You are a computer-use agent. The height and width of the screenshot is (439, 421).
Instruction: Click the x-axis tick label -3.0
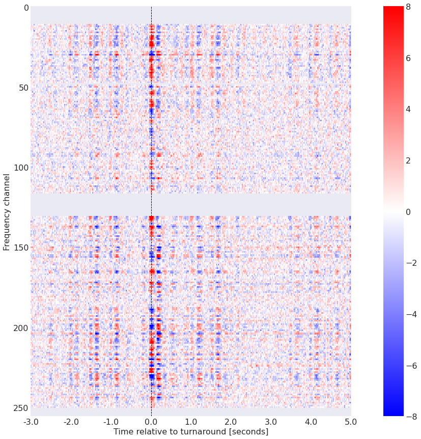[31, 422]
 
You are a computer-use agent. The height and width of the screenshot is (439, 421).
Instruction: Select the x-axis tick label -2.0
[71, 422]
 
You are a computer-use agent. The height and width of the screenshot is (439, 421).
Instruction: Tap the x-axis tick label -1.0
[111, 422]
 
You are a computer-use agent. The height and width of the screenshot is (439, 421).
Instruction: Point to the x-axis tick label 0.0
[151, 422]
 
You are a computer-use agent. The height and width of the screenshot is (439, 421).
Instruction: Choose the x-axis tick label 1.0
[191, 422]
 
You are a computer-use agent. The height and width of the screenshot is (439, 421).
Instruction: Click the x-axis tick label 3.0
[271, 422]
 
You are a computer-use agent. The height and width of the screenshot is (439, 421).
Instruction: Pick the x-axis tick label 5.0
[351, 422]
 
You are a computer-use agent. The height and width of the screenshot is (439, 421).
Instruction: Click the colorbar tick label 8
[412, 7]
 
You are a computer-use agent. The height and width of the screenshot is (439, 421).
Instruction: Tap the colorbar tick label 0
[412, 211]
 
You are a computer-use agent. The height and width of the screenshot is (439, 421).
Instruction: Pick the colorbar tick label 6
[412, 58]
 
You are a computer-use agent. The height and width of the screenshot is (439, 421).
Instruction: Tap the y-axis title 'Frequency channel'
[7, 211]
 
